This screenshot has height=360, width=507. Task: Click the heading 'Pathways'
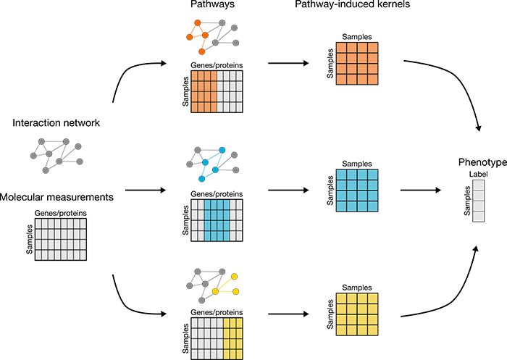tap(212, 4)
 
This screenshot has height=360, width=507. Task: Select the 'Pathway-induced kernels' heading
tap(353, 4)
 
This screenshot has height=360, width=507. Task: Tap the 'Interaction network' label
tap(56, 123)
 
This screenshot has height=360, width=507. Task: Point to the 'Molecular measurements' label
tap(56, 197)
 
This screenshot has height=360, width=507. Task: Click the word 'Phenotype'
tap(482, 162)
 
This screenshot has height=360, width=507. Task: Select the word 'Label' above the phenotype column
tap(478, 175)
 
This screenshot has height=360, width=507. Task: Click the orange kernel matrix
tap(357, 64)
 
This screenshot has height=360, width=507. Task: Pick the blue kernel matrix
tap(357, 191)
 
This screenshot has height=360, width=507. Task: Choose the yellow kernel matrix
tap(357, 314)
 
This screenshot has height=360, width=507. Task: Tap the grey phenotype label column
tap(479, 201)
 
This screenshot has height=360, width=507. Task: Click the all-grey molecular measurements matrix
tap(61, 239)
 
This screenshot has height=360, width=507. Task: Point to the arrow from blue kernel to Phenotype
tap(421, 191)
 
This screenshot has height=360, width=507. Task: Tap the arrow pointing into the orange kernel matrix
tap(288, 63)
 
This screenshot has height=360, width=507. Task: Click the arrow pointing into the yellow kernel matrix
tap(288, 314)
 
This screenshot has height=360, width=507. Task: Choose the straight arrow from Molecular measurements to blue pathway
tap(146, 191)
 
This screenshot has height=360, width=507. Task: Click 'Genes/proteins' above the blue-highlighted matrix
tap(217, 194)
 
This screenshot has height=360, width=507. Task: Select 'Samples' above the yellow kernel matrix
tap(357, 288)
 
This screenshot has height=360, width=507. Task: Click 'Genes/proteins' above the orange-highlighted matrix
tap(217, 65)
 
